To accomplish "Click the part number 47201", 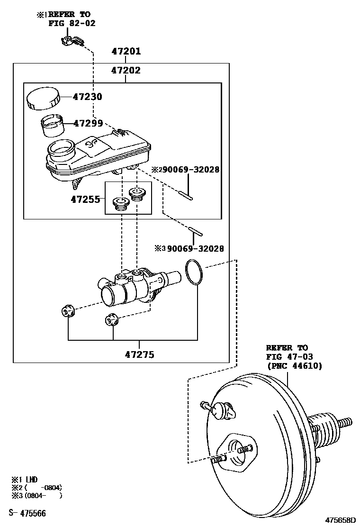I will (x=126, y=52).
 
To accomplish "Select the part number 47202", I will (x=126, y=71).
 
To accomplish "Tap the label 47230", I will (x=88, y=97).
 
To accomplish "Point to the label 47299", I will (x=88, y=123).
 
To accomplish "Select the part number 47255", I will (x=86, y=200).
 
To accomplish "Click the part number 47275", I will (x=140, y=354).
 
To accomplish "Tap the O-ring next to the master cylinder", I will (x=194, y=273).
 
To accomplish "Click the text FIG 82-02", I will (x=72, y=23).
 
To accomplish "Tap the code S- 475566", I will (x=27, y=513).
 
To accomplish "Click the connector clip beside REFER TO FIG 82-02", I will (x=72, y=41).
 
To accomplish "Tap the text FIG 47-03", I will (x=289, y=356).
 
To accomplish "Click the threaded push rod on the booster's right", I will (x=345, y=421).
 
